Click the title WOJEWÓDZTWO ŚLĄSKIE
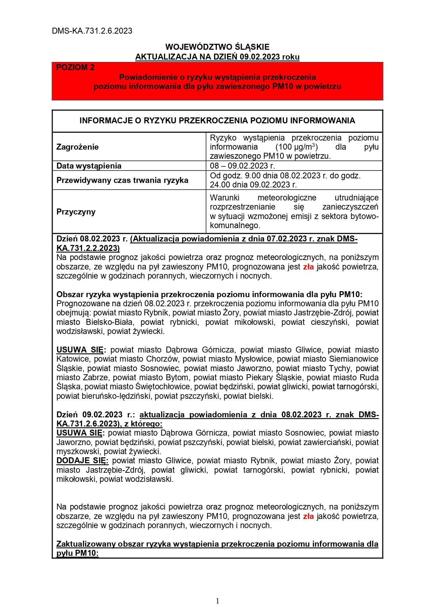tap(217, 47)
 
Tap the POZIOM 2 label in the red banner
tap(75, 68)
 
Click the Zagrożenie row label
tap(77, 147)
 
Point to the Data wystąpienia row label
tap(89, 166)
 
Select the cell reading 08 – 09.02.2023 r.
tap(242, 166)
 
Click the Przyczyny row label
tap(76, 212)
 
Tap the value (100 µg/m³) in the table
tap(297, 147)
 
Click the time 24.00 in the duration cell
tap(220, 185)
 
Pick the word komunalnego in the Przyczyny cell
tap(235, 226)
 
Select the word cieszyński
tap(330, 322)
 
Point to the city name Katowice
tap(74, 359)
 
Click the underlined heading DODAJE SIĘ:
tap(82, 460)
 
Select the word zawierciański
tap(329, 442)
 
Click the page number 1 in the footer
tap(217, 601)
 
